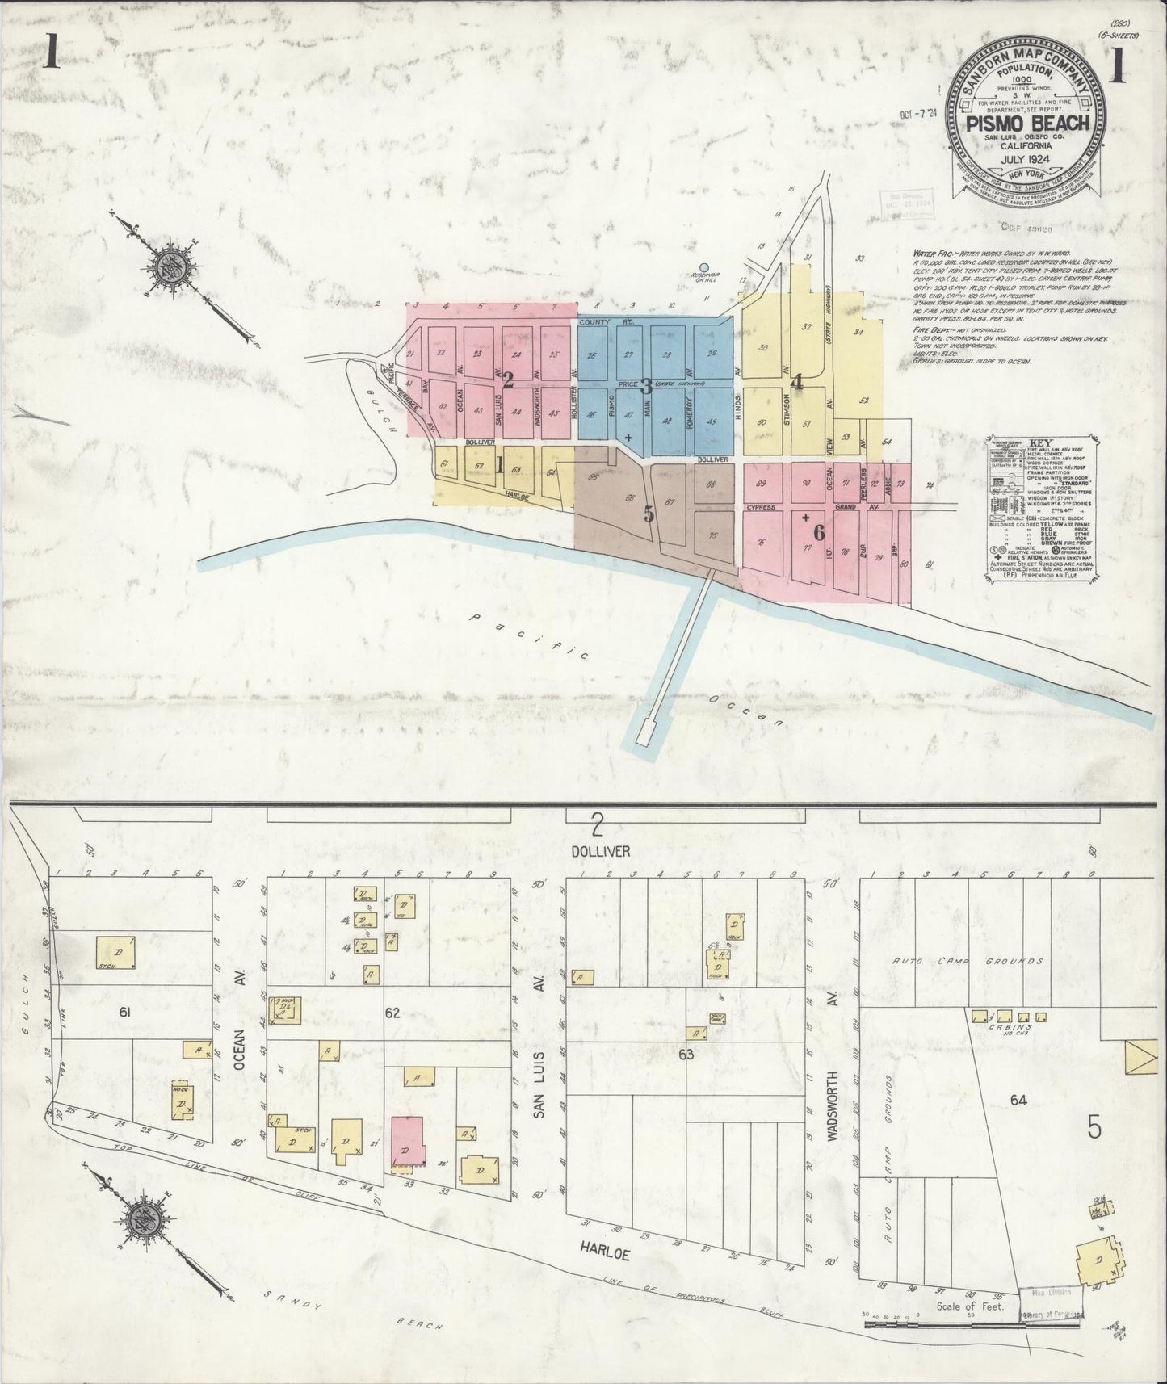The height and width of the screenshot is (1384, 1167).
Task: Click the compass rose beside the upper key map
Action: point(174,266)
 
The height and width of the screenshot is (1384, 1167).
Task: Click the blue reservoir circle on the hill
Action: point(704,266)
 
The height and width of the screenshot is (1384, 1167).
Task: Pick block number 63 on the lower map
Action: point(686,1053)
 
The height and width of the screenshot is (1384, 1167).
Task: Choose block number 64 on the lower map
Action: point(1018,1100)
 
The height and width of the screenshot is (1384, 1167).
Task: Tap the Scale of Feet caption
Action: point(969,1328)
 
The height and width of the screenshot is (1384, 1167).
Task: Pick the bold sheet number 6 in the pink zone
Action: point(818,532)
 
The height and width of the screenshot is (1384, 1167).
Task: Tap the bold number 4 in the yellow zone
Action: point(798,383)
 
